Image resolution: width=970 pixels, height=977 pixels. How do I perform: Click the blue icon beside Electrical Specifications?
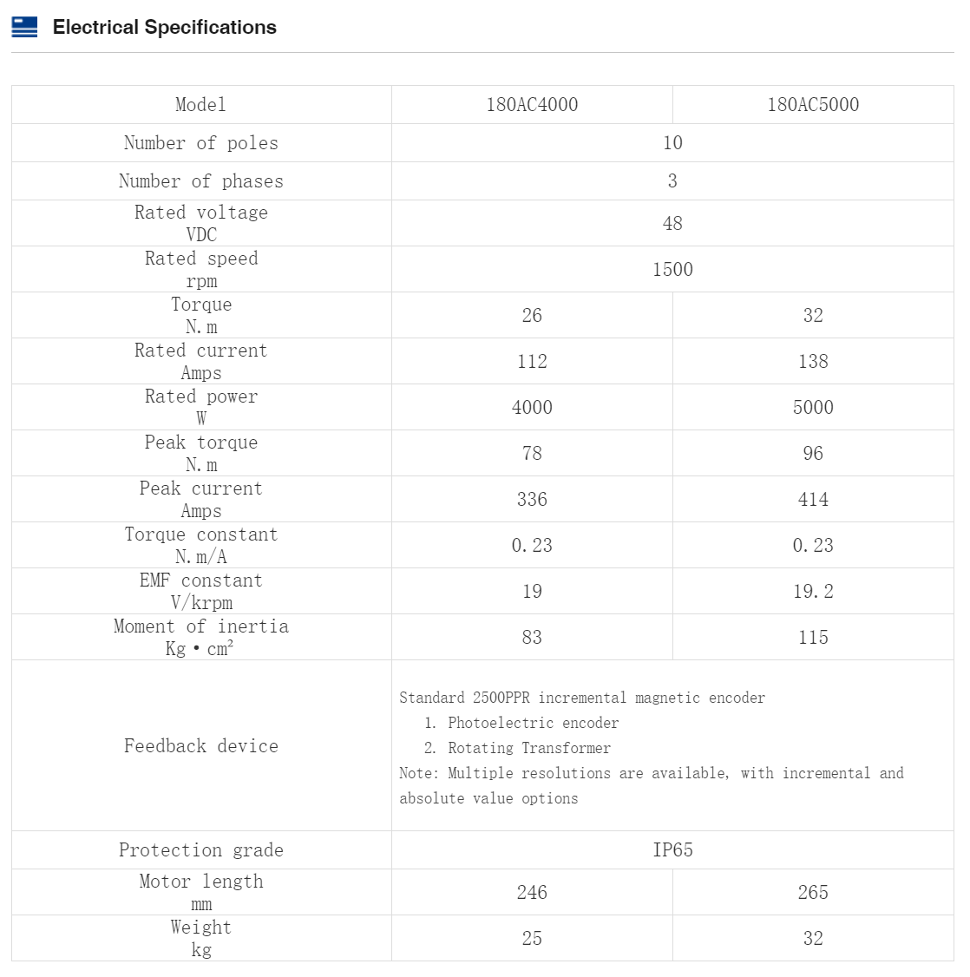pos(24,27)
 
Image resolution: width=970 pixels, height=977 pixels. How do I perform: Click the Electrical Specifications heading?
pos(164,27)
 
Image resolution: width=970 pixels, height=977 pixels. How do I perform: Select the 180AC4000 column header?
pos(532,105)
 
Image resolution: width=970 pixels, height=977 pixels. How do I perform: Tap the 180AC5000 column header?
pos(813,105)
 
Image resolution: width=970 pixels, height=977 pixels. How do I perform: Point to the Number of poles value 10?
pos(672,143)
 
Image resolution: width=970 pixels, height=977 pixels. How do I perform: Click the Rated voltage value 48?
pos(672,224)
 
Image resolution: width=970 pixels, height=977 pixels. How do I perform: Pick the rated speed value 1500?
pos(672,270)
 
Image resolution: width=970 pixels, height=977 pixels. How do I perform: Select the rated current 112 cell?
pos(532,362)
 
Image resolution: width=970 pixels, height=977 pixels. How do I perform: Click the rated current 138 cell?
pos(813,362)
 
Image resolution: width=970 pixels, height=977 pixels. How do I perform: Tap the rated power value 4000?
pos(532,408)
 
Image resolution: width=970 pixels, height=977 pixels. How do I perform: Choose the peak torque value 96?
pos(813,454)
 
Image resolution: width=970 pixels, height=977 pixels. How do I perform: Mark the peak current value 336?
pos(532,500)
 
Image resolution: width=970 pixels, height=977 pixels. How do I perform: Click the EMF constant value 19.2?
pos(813,592)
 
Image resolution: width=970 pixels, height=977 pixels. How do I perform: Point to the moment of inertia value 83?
pos(532,638)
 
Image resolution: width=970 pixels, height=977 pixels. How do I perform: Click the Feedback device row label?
pos(201,746)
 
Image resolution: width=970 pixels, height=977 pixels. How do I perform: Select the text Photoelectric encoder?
pos(533,723)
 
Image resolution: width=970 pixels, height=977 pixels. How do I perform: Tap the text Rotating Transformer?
pos(528,748)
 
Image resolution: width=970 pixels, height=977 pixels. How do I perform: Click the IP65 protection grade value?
pos(672,850)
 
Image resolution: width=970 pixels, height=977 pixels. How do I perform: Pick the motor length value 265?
pos(813,893)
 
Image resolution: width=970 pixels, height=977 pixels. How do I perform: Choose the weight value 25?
pos(532,939)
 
